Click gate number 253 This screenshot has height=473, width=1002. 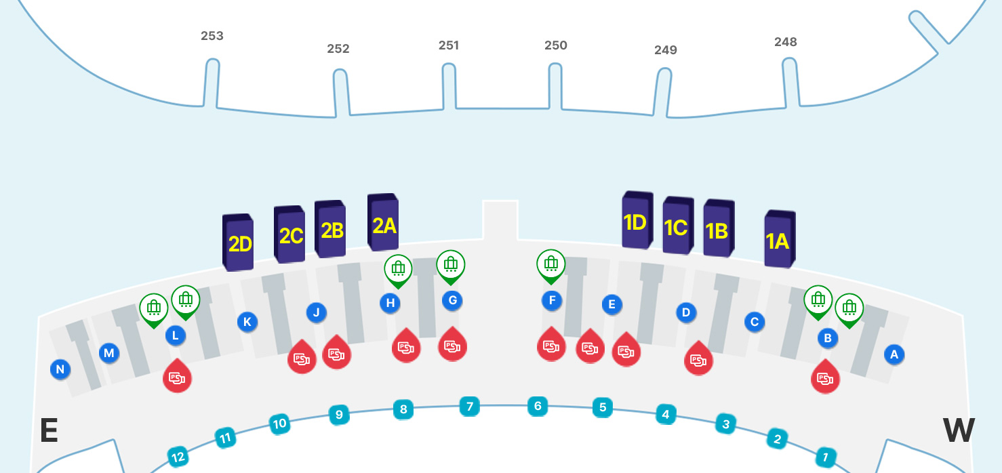[212, 36]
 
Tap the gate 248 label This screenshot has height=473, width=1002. [785, 42]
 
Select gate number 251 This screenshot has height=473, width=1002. [449, 45]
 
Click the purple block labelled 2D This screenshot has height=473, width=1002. [239, 243]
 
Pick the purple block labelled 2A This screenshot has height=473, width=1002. [384, 224]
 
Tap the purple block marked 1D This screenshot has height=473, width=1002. [636, 221]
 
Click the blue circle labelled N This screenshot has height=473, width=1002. [60, 369]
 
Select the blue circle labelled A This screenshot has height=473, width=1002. [894, 354]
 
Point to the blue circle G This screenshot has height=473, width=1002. [452, 300]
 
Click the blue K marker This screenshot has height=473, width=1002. [247, 322]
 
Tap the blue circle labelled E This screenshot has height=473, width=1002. [612, 304]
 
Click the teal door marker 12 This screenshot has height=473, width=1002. [178, 457]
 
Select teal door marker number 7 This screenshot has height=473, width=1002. [468, 407]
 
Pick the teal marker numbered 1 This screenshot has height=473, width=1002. [825, 457]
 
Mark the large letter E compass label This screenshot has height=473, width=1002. [48, 431]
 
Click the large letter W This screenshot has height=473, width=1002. [959, 431]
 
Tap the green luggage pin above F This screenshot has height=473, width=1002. [551, 265]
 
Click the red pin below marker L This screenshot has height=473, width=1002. [177, 376]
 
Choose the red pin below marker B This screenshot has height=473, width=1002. [825, 377]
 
